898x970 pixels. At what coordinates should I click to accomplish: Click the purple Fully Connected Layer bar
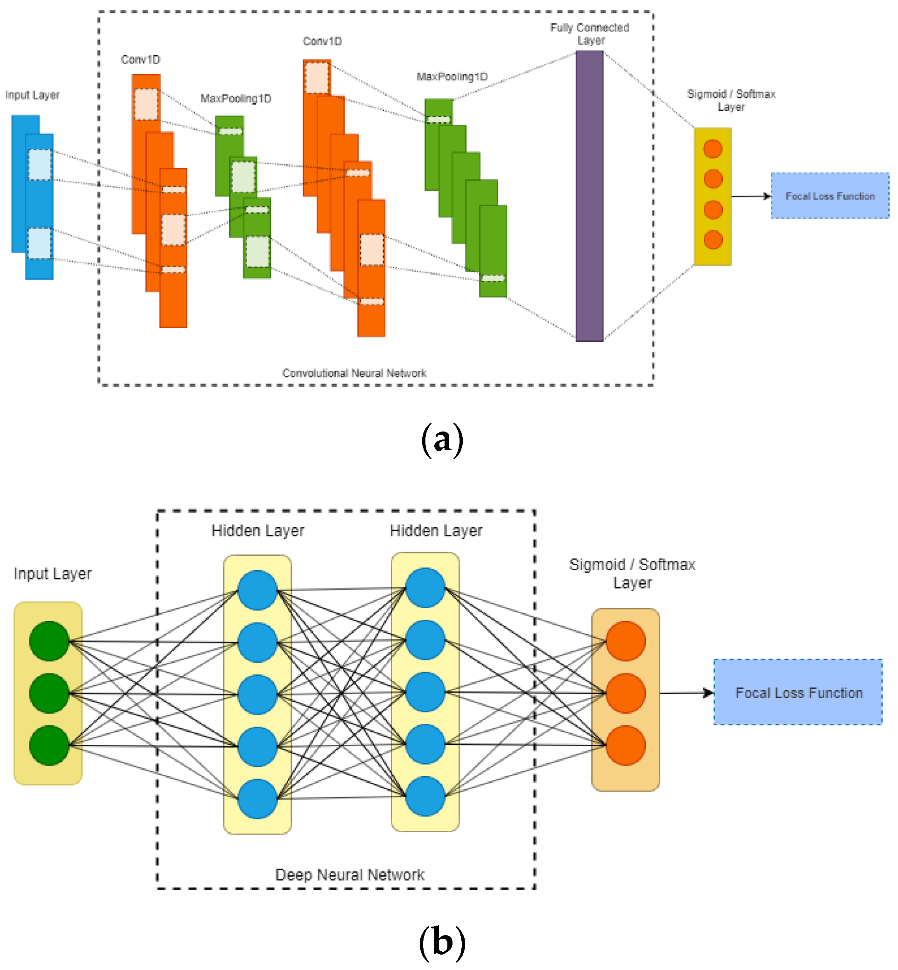[589, 196]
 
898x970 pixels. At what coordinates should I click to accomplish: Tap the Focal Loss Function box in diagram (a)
[829, 196]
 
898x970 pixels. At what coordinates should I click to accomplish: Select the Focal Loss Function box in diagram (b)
[798, 693]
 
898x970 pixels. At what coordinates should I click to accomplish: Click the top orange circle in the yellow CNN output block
[712, 149]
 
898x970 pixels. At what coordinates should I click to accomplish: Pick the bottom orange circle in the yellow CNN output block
[712, 240]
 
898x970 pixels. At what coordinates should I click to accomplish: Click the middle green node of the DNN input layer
[49, 694]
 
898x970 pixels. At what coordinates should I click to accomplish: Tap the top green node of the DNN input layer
[49, 641]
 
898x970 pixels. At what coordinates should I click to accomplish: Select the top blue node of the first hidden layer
[258, 590]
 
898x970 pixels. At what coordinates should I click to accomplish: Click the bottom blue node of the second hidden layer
[425, 796]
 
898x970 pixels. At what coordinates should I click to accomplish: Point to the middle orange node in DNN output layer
[625, 694]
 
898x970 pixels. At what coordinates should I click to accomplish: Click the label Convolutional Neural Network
[354, 373]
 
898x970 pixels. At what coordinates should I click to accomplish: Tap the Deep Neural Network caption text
[350, 875]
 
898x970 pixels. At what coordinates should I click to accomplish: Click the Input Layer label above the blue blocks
[33, 95]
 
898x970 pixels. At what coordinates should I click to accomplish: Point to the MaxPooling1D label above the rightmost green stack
[452, 77]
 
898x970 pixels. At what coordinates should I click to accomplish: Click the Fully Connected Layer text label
[589, 34]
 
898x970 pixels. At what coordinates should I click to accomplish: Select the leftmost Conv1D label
[141, 60]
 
